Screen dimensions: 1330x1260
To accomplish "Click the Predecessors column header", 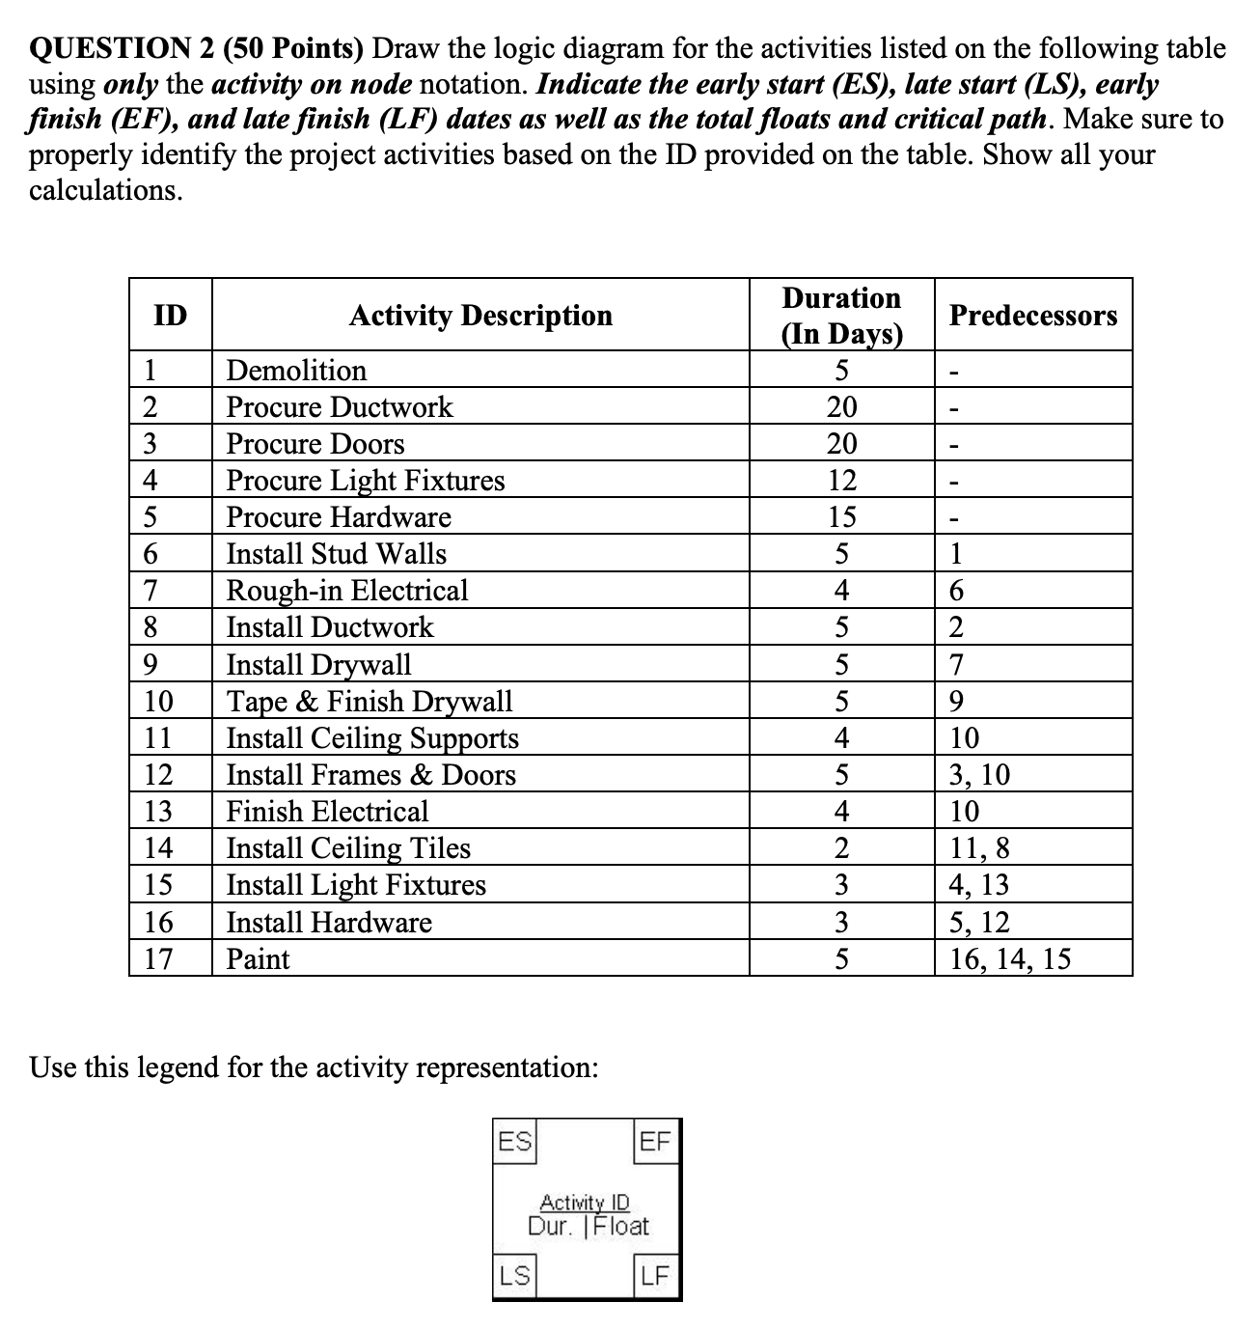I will click(x=1032, y=316).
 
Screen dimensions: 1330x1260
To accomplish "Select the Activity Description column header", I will click(x=480, y=316).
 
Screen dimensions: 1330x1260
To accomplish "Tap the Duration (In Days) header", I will click(x=841, y=315).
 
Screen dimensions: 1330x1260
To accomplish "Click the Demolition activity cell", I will click(x=296, y=371).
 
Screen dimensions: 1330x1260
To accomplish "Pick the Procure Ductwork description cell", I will click(x=339, y=407).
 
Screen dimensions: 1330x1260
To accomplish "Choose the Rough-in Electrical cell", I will click(x=346, y=591).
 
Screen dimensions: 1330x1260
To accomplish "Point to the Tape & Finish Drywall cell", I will click(x=369, y=701).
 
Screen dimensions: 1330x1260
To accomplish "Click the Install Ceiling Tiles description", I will click(x=348, y=848).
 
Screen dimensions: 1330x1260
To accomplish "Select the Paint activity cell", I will click(x=258, y=959).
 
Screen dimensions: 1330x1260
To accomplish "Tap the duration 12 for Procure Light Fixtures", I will click(x=841, y=481).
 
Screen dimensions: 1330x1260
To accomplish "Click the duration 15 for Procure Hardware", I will click(x=841, y=517).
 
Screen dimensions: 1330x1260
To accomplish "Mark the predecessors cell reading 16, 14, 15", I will click(x=1009, y=959).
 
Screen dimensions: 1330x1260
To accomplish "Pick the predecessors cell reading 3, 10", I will click(x=979, y=775).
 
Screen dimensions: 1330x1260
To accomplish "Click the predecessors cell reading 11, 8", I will click(x=979, y=848).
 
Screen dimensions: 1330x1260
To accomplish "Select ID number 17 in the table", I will click(x=157, y=959).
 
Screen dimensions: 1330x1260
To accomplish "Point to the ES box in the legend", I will click(x=515, y=1142).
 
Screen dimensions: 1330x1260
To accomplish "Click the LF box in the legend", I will click(x=655, y=1276).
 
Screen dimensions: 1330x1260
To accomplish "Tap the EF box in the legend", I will click(x=655, y=1142).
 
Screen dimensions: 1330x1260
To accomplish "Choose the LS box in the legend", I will click(x=514, y=1276).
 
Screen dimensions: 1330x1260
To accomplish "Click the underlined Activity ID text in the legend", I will click(x=585, y=1203).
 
